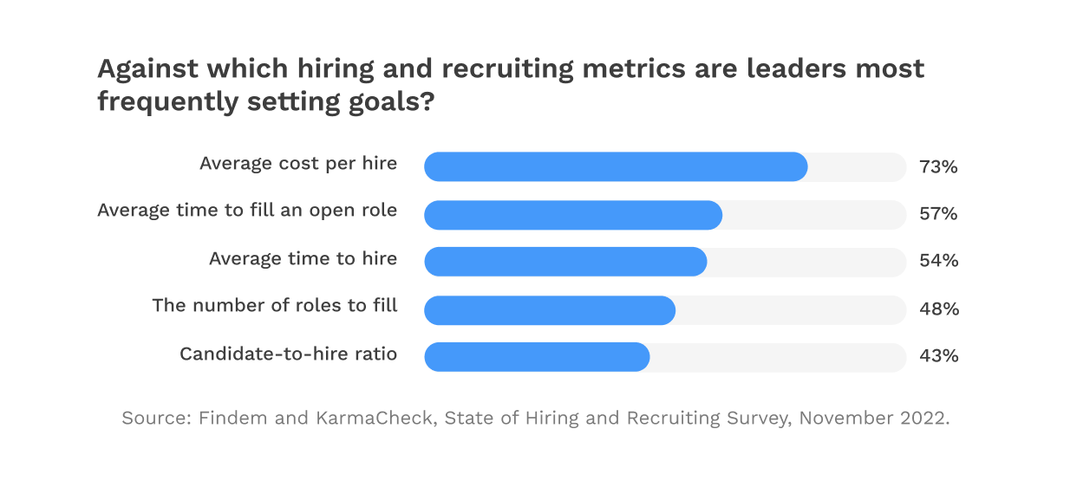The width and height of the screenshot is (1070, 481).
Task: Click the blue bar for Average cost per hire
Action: point(616,166)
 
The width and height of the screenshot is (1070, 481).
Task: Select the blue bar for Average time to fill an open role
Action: point(573,215)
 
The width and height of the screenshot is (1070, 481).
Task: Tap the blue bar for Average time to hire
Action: point(565,262)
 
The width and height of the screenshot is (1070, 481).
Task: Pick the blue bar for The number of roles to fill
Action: point(550,309)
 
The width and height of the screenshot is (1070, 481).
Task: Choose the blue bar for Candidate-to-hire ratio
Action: point(537,356)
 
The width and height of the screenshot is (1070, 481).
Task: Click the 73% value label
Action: point(938,166)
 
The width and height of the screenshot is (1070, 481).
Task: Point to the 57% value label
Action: point(938,214)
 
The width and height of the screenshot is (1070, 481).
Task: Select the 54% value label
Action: point(938,261)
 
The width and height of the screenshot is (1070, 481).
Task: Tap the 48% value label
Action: point(938,309)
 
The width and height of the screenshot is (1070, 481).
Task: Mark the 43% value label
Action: point(938,356)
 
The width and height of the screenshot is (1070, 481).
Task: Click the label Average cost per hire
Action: point(298,163)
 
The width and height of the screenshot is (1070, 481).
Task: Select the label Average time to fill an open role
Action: point(247,211)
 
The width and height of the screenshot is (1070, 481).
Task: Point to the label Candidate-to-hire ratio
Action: point(288,354)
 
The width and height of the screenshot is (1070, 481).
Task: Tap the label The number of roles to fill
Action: point(274,305)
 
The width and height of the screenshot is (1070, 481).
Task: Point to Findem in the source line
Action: point(229,419)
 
